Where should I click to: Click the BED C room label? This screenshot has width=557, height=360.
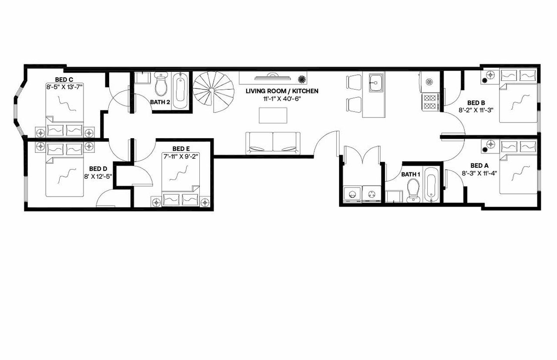pyautogui.click(x=64, y=80)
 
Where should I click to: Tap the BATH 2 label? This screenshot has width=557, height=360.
pyautogui.click(x=160, y=103)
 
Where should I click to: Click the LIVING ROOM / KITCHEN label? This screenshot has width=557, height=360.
pyautogui.click(x=282, y=91)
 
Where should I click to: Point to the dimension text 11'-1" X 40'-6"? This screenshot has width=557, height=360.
pyautogui.click(x=282, y=98)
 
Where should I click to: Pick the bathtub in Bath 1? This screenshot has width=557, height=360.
pyautogui.click(x=431, y=185)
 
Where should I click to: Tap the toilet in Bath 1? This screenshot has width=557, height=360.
pyautogui.click(x=412, y=191)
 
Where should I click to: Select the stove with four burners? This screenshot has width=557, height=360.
pyautogui.click(x=430, y=101)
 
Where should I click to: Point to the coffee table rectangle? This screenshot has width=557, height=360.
pyautogui.click(x=273, y=115)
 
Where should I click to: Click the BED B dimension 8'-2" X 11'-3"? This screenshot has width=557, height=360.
pyautogui.click(x=476, y=110)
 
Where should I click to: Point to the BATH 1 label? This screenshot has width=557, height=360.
pyautogui.click(x=410, y=174)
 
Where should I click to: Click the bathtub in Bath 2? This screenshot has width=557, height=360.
pyautogui.click(x=181, y=90)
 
